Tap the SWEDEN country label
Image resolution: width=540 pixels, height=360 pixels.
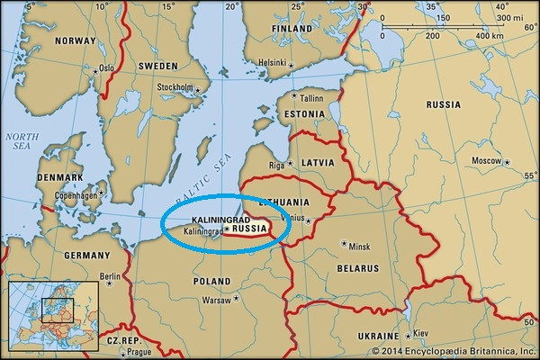pos(157,67)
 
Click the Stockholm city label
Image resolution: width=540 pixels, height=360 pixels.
pos(175,87)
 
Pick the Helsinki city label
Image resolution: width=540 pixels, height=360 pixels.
pos(272,62)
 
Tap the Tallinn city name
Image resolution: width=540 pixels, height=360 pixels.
pos(311,97)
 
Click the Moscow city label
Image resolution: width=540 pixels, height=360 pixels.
pos(486,160)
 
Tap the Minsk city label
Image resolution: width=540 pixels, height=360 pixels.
pos(359,246)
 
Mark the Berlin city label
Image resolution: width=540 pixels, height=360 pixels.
pos(110,276)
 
